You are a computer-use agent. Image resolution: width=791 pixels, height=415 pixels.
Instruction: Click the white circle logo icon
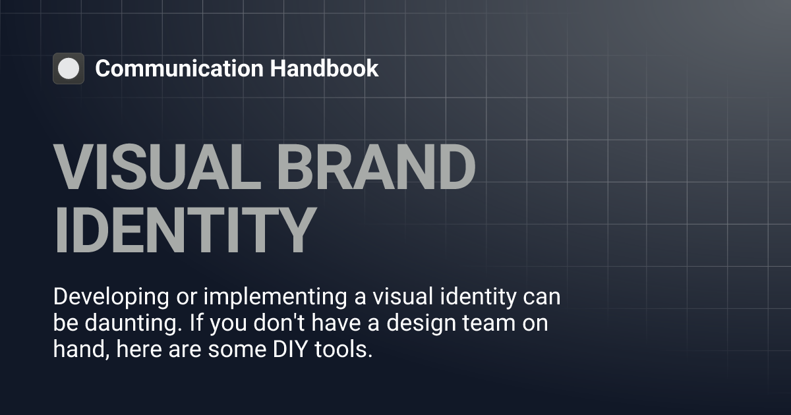[69, 69]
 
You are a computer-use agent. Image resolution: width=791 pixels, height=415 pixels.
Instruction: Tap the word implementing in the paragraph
[274, 297]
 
